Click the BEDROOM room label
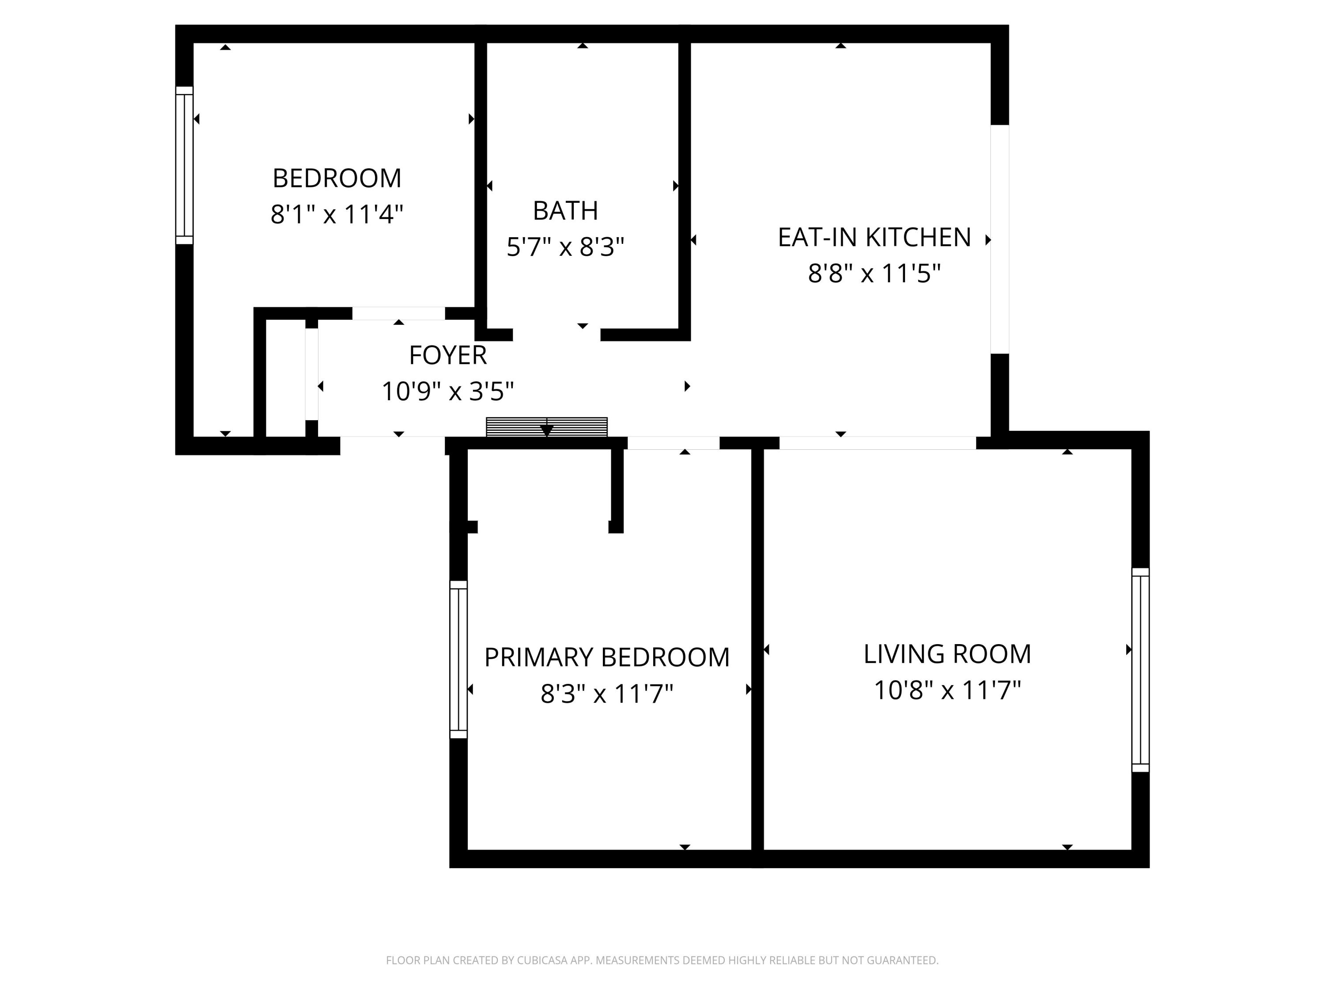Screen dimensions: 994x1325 coord(337,178)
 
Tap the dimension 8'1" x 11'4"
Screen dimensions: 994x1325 coord(337,214)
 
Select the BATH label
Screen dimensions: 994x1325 coord(565,210)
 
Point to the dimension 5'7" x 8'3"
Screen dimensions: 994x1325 coord(565,246)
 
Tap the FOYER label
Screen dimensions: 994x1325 coord(447,355)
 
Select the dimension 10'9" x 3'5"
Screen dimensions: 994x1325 coord(447,392)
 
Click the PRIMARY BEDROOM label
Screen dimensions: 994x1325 coord(607,657)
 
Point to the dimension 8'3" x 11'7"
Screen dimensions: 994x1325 coord(607,694)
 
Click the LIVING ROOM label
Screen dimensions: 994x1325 coord(947,654)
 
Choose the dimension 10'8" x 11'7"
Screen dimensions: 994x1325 coord(947,690)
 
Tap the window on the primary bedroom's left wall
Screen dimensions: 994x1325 coord(458,659)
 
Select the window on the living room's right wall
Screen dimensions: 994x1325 coord(1140,670)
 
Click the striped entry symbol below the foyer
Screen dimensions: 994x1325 coord(546,427)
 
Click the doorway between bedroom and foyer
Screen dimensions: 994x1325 coord(398,313)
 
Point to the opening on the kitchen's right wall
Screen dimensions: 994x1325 coord(999,239)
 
